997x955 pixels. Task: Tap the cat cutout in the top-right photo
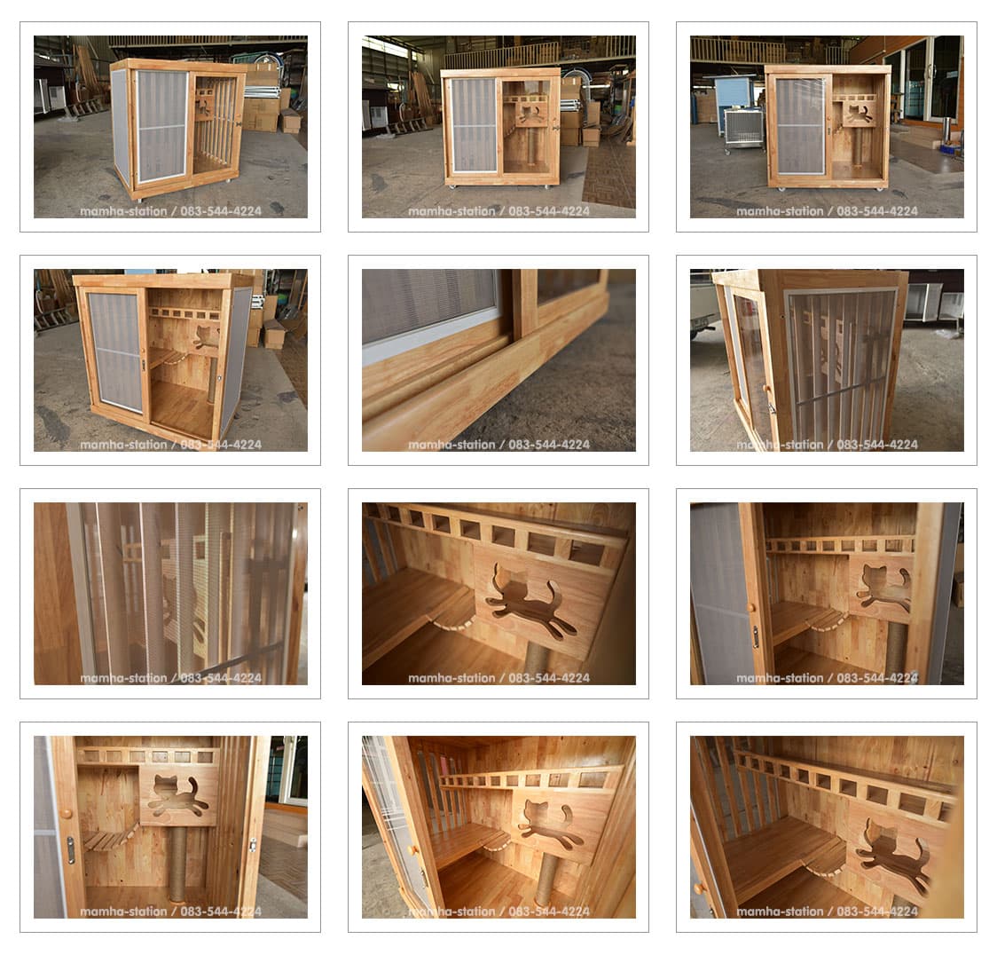[859, 114]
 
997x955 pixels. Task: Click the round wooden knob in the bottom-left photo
[67, 812]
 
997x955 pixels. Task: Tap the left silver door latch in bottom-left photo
[71, 850]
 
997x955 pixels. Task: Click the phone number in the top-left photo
[221, 211]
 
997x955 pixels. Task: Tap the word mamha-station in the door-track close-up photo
[451, 445]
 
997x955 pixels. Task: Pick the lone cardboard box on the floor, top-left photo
[291, 121]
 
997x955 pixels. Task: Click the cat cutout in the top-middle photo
[530, 114]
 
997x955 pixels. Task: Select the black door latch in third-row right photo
[756, 637]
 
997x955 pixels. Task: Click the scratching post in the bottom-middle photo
[546, 880]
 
